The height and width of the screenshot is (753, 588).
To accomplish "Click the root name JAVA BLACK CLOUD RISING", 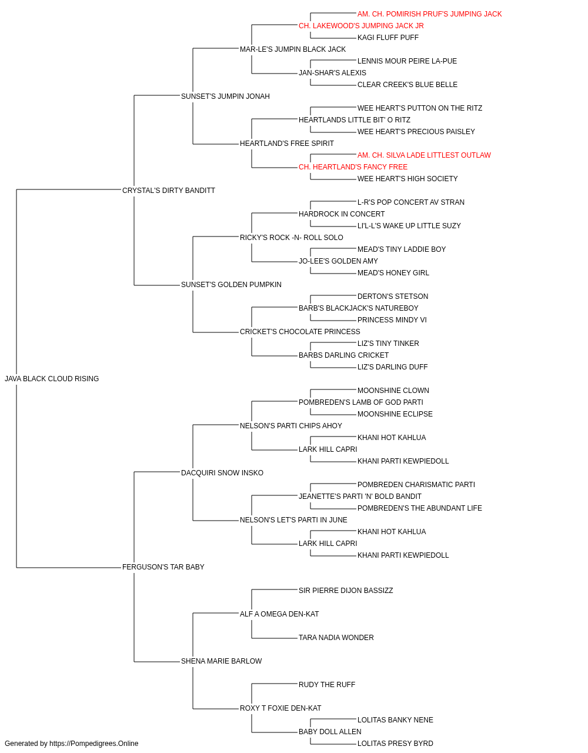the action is [52, 379].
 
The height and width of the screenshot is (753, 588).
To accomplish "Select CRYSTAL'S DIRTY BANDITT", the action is [169, 191].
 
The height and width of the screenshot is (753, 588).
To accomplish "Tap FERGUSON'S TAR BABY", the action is [163, 567].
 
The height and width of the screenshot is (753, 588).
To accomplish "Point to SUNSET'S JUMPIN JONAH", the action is [225, 96].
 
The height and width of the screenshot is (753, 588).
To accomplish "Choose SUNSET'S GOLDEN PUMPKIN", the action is [231, 285].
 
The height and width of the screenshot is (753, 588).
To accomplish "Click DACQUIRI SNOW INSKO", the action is [222, 472].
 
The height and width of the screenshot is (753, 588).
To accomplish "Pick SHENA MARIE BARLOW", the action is [221, 661].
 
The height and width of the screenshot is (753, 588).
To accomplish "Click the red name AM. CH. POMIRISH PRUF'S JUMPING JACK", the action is [429, 14].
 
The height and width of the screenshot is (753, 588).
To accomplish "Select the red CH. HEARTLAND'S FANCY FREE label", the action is [353, 167].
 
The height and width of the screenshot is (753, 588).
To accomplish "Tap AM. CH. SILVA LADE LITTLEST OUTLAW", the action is [424, 155].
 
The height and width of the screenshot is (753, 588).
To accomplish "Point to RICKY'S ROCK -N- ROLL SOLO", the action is [291, 237].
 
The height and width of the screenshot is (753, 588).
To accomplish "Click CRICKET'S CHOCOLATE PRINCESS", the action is [300, 332].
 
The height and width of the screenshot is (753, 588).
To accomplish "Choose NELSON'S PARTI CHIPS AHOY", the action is [291, 425].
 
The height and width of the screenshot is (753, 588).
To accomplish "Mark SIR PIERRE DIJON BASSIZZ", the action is [346, 591].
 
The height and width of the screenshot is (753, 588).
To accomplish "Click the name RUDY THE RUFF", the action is [327, 684].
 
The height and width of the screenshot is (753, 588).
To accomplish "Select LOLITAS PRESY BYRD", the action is [395, 744].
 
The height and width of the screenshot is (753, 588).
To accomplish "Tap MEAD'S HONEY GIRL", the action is [393, 273].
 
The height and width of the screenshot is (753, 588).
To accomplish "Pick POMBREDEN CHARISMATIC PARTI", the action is [416, 484].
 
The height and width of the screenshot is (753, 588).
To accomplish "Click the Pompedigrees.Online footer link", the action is [93, 744].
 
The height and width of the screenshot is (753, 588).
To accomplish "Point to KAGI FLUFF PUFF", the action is [388, 38].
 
